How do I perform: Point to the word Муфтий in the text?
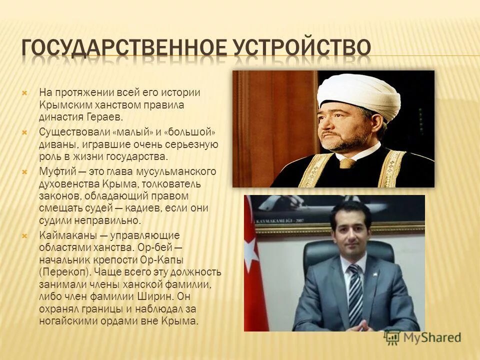(56, 171)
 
